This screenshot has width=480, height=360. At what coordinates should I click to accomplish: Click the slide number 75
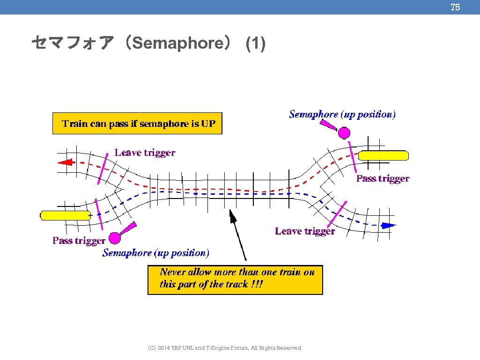point(455,7)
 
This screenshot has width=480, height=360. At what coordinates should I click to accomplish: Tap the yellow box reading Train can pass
point(137,124)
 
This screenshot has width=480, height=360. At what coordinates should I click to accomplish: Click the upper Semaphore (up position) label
point(342,114)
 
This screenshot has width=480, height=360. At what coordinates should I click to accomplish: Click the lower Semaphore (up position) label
point(156,253)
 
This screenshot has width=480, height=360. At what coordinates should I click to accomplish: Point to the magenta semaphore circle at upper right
point(344,133)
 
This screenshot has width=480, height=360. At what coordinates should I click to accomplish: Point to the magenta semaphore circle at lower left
point(115,237)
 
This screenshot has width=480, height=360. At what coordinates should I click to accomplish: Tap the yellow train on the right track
point(384,155)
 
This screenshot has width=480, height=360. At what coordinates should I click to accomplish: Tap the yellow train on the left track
point(65,215)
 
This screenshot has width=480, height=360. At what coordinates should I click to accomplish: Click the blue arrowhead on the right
point(388,226)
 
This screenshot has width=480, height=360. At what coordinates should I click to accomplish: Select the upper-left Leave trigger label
point(145,153)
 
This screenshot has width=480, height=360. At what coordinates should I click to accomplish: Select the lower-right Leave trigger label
point(305,231)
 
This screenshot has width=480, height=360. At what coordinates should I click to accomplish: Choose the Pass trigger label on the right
point(383,178)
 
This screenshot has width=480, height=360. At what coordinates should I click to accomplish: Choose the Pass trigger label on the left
point(79,241)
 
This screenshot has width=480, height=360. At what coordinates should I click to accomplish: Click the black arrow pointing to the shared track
point(237,234)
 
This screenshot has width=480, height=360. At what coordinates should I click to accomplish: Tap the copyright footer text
point(224,348)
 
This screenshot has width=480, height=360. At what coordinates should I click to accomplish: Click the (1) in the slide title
point(256,44)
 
